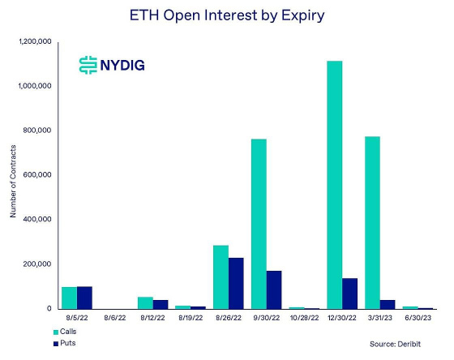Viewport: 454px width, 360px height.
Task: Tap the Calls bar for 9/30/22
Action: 259,224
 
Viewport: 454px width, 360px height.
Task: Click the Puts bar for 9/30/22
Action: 274,289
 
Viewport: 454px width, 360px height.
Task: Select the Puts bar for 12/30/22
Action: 350,293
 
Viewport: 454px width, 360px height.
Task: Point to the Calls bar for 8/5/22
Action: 69,298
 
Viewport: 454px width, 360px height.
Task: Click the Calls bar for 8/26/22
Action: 221,276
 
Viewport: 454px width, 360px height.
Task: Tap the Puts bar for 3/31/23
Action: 388,304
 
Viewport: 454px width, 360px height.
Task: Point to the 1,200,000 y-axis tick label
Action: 34,41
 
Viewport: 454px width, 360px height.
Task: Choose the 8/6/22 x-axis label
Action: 114,319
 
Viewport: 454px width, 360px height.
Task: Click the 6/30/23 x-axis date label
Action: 418,319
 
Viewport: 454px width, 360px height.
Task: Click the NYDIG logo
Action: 111,65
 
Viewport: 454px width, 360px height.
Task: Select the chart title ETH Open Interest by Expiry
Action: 227,15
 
